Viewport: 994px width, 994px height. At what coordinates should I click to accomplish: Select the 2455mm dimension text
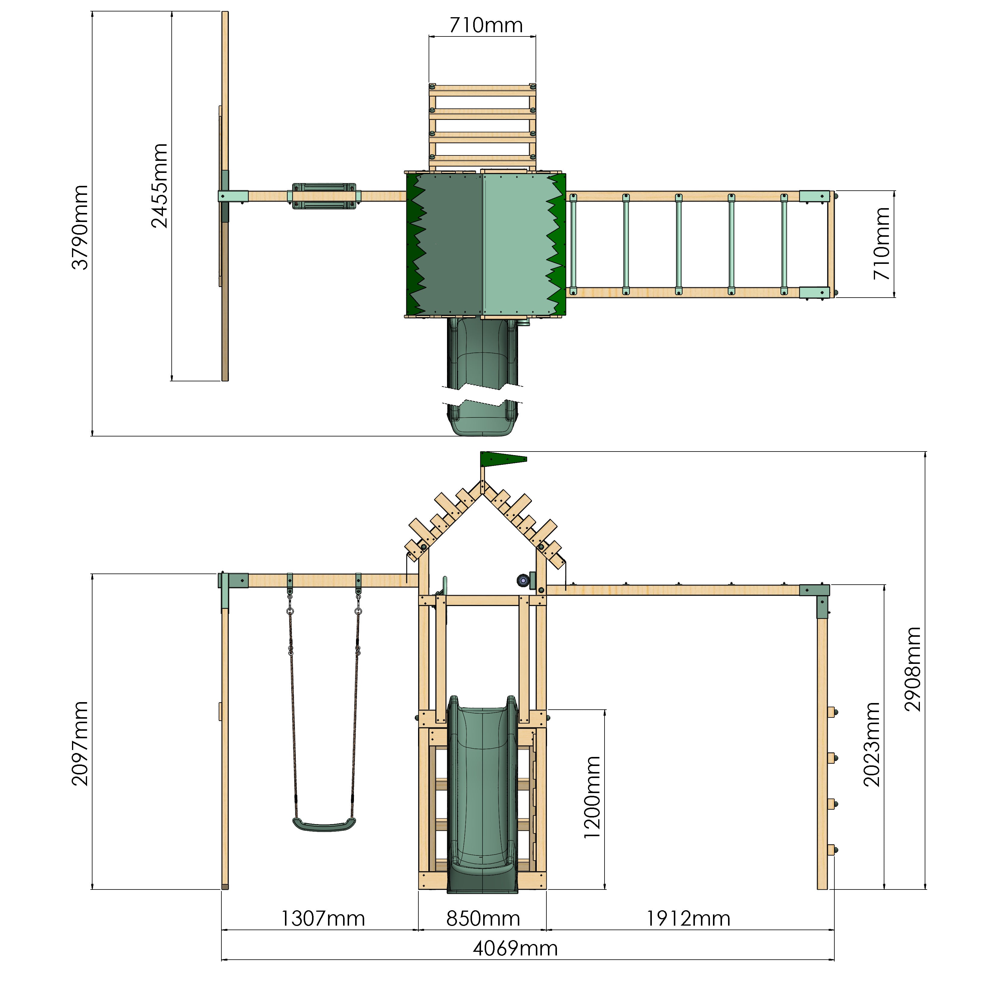pos(160,186)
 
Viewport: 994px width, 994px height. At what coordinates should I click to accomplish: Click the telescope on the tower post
pos(524,581)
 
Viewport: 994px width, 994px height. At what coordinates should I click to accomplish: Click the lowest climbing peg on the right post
pos(831,850)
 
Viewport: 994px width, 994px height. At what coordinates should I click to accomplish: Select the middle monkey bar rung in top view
pos(679,244)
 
